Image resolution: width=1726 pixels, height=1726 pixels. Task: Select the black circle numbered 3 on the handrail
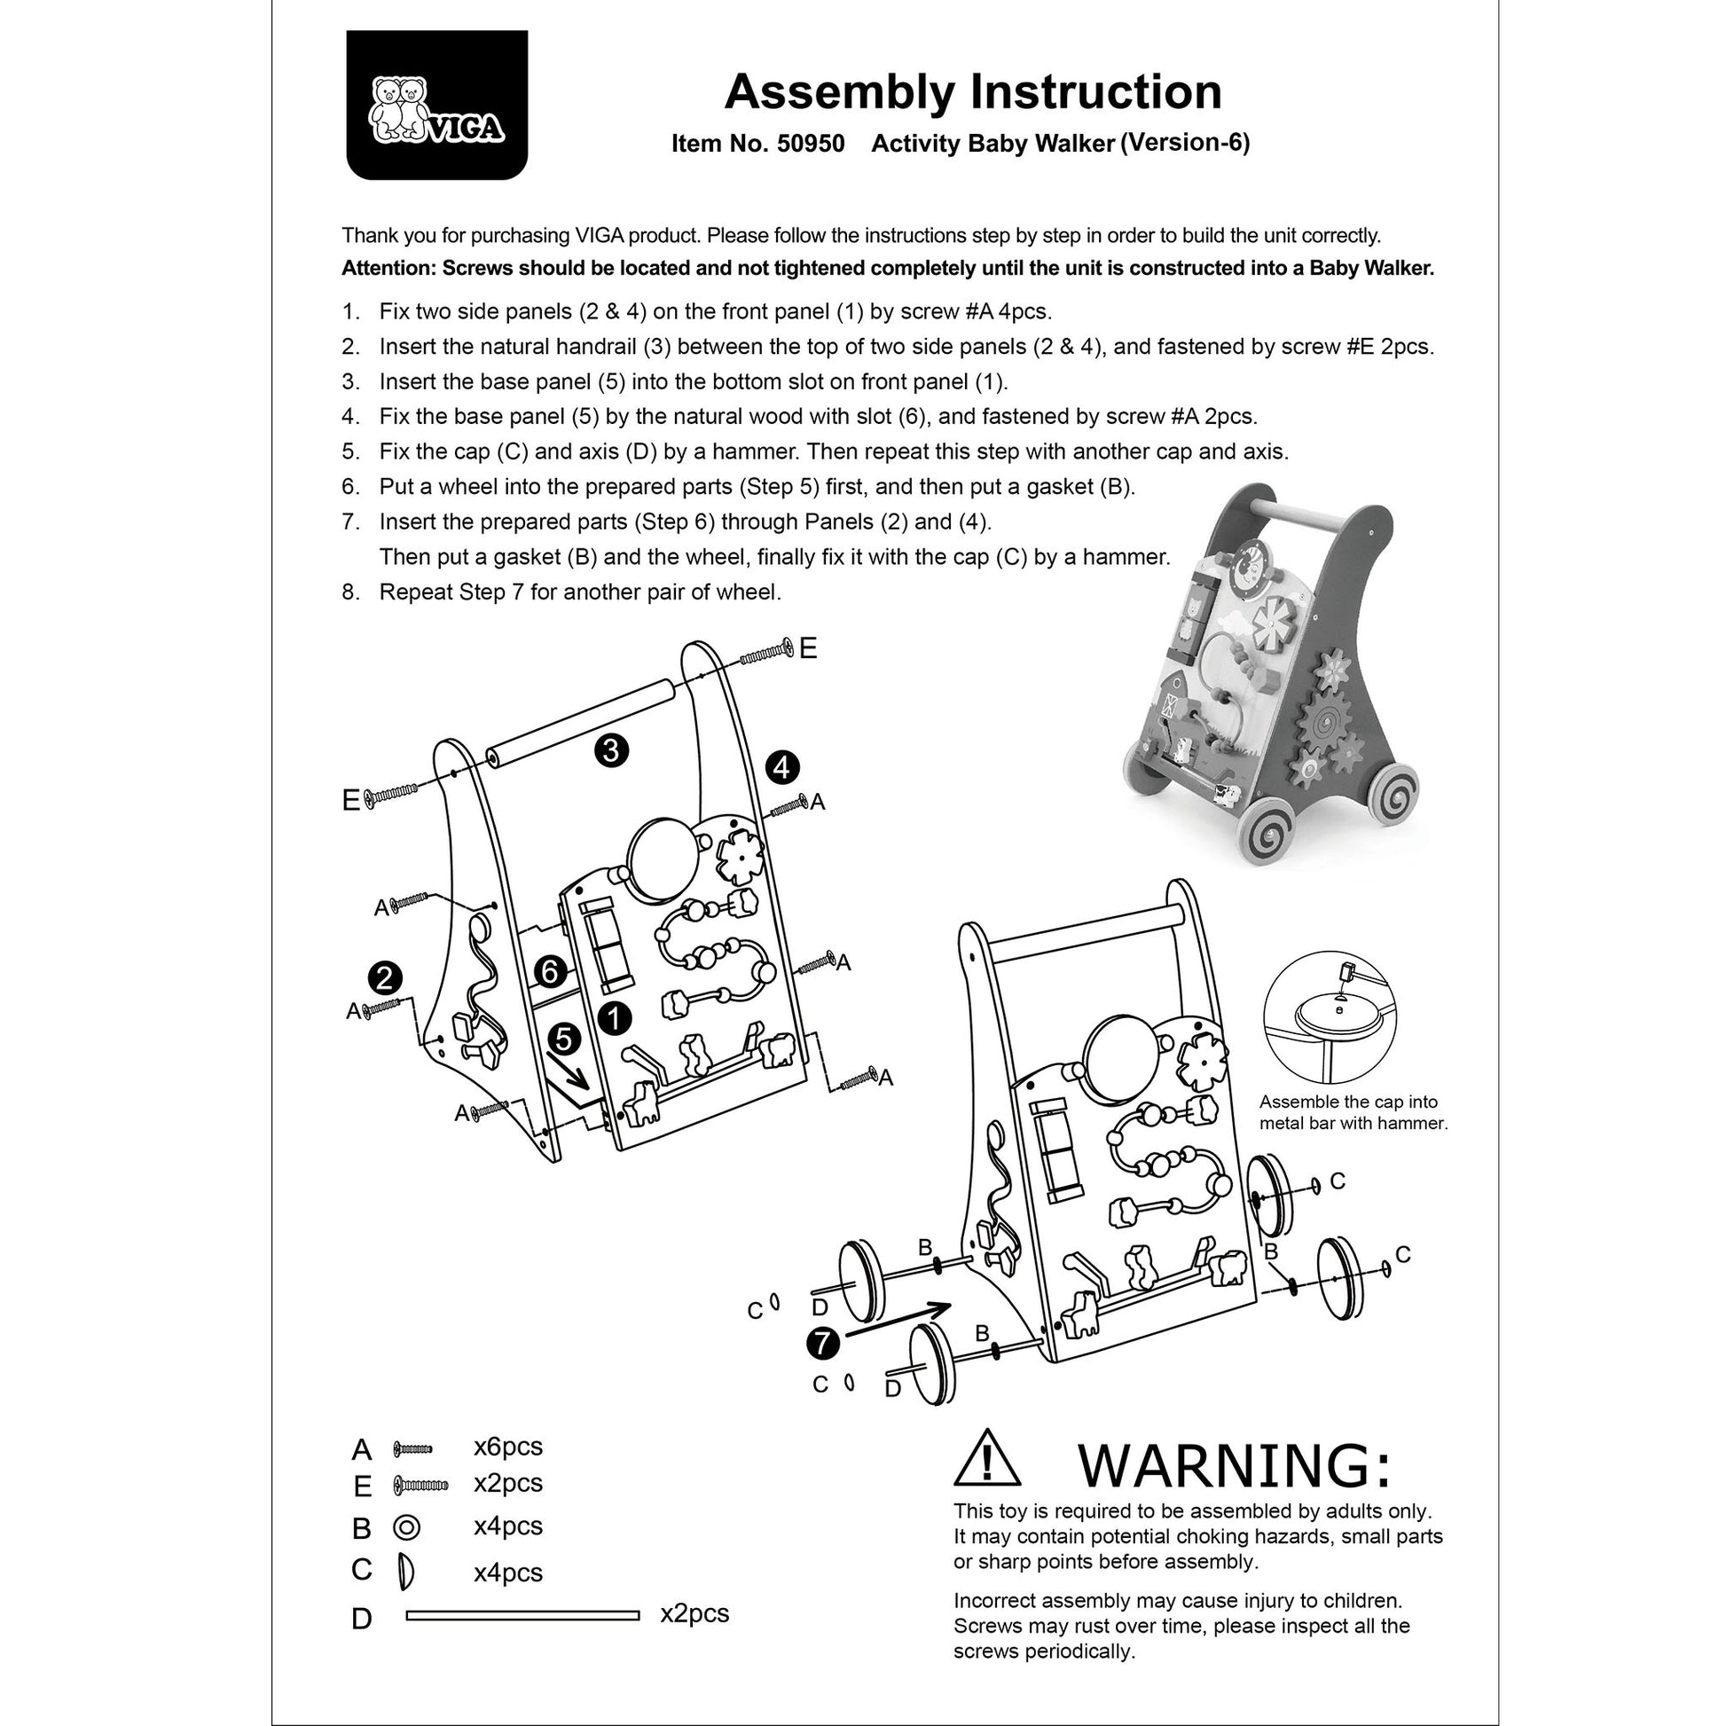point(611,750)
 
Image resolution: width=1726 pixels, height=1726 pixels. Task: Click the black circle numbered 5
point(565,1039)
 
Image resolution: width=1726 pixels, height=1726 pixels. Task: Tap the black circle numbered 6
point(550,972)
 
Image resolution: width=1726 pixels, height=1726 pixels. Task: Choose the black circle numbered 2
point(384,978)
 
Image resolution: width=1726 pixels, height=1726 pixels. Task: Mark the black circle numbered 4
point(782,767)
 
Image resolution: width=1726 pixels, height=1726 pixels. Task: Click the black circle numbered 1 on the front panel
point(615,1018)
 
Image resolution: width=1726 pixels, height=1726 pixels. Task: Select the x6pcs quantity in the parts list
point(507,1447)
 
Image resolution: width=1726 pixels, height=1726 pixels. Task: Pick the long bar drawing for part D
point(522,1614)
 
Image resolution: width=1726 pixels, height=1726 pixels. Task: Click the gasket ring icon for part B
point(406,1527)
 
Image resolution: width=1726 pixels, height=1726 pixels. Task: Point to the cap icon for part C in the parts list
point(405,1572)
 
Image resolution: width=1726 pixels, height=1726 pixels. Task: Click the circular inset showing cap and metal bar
point(1330,1017)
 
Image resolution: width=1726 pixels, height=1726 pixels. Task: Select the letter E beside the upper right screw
point(808,648)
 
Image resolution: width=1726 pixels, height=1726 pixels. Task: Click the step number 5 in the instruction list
point(351,452)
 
